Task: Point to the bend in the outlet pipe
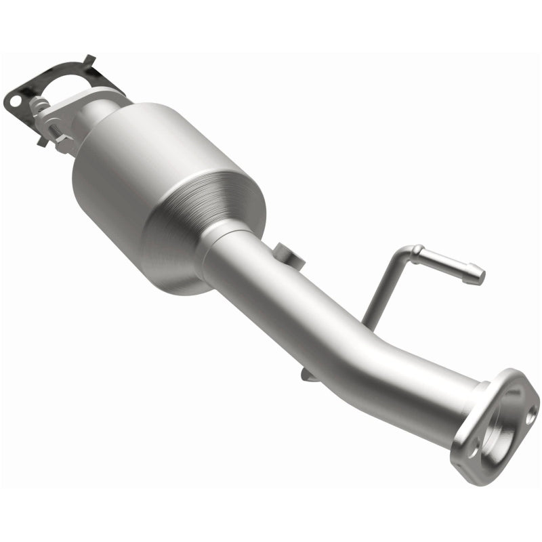click(352, 339)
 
